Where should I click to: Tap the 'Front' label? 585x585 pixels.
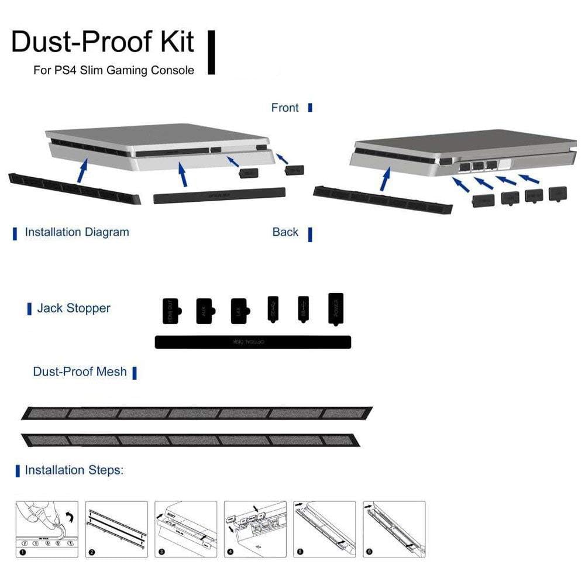click(285, 108)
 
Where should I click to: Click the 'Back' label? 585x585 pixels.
click(285, 232)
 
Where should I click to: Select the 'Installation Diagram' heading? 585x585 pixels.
click(77, 232)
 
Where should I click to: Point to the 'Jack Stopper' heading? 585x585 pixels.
click(74, 308)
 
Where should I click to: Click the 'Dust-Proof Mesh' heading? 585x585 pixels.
click(80, 371)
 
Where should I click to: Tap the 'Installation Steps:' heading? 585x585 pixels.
click(74, 470)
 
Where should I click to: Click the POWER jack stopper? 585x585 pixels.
click(336, 308)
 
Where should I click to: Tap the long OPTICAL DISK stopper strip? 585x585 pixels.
click(253, 342)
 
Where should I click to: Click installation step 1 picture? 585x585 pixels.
click(47, 529)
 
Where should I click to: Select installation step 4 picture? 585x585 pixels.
click(255, 529)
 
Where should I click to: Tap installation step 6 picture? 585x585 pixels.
click(394, 529)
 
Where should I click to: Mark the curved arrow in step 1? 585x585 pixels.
click(70, 517)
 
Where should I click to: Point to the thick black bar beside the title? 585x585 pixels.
click(211, 53)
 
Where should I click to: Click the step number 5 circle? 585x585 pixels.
click(300, 552)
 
